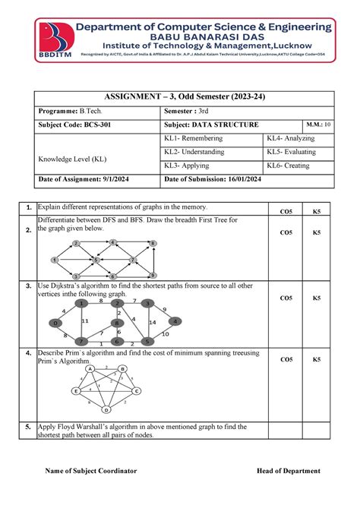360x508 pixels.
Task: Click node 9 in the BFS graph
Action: coord(153,274)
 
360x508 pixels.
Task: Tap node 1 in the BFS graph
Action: coord(55,260)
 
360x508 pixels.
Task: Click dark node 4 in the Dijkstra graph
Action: coord(175,321)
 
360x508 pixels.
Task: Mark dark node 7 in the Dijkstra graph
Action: coord(81,342)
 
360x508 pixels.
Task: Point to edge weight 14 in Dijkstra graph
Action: coord(153,323)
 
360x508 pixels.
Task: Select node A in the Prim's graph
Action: coord(90,369)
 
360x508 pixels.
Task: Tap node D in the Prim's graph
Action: coord(106,409)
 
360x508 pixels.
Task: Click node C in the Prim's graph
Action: coord(136,391)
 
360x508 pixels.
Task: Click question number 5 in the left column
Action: coord(27,427)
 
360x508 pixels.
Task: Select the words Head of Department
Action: coord(288,471)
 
